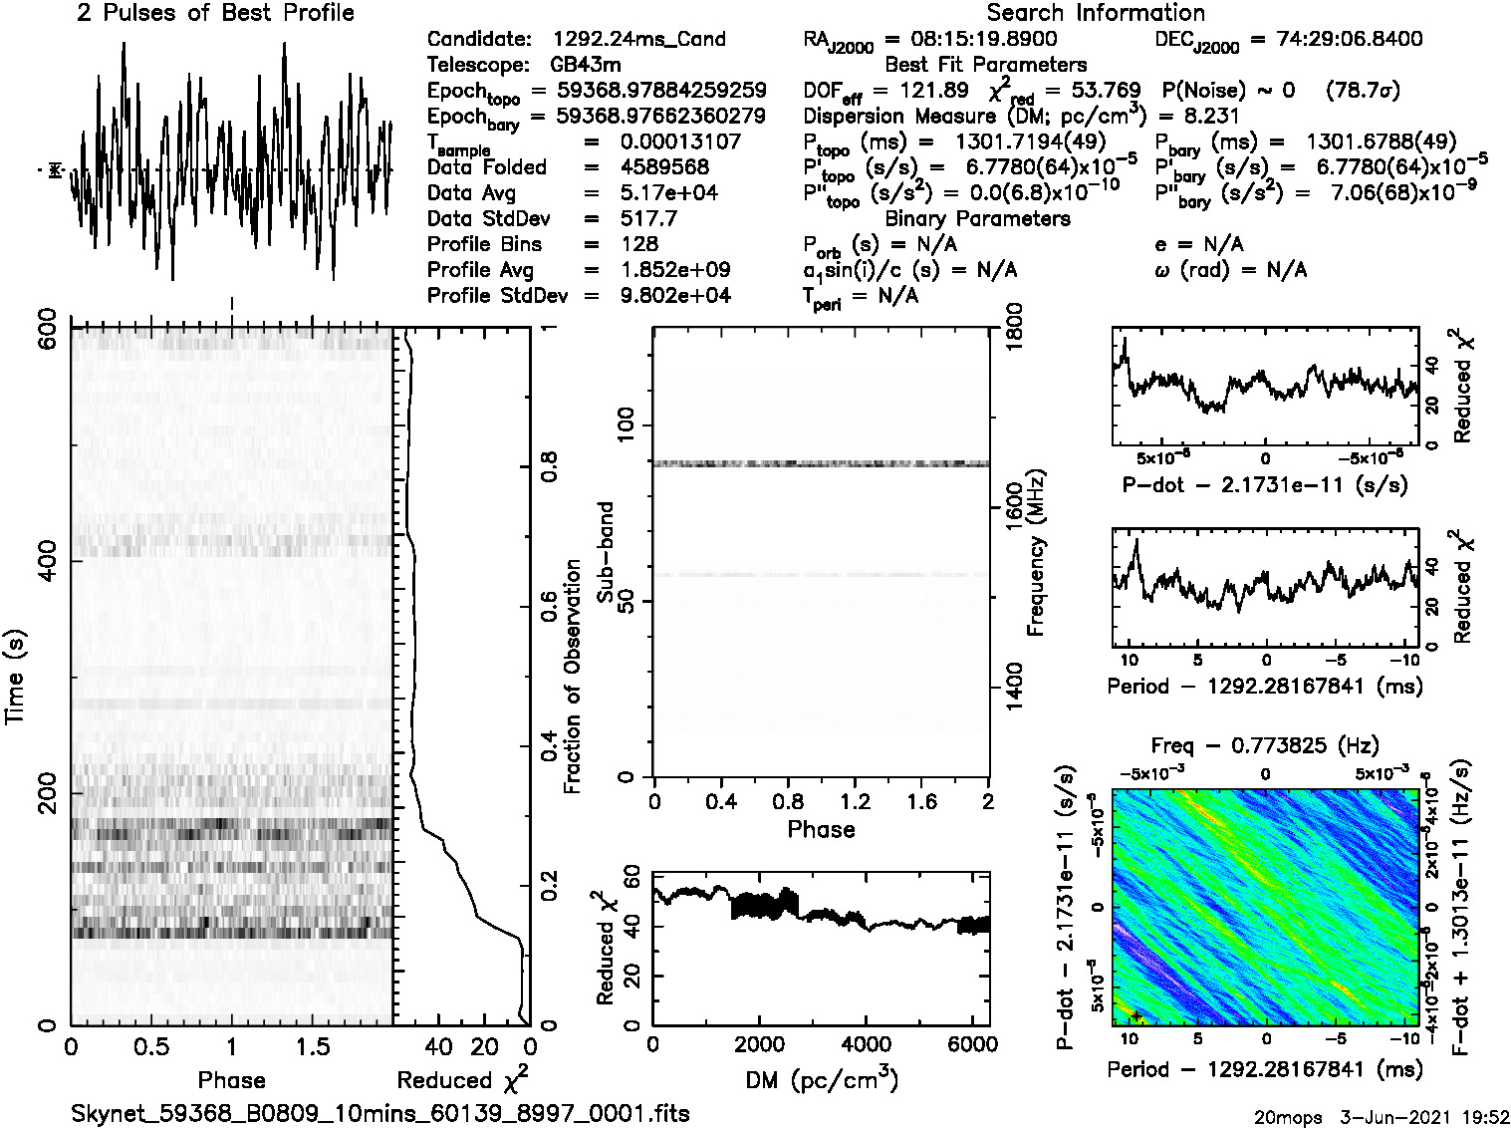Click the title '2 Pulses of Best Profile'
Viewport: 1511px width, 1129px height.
(215, 14)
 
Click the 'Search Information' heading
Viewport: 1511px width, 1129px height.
(1095, 14)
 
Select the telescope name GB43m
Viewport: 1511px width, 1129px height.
(587, 65)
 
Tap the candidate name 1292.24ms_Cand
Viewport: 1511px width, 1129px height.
(638, 40)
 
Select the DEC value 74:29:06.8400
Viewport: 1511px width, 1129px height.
(1335, 40)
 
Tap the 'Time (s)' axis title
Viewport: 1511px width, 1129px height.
(16, 677)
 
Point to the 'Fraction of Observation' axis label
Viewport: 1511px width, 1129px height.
(572, 677)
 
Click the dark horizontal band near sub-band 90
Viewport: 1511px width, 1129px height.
(821, 463)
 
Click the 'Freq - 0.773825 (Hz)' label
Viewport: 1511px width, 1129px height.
(1265, 745)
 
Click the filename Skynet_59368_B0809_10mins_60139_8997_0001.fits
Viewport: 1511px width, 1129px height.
(380, 1113)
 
